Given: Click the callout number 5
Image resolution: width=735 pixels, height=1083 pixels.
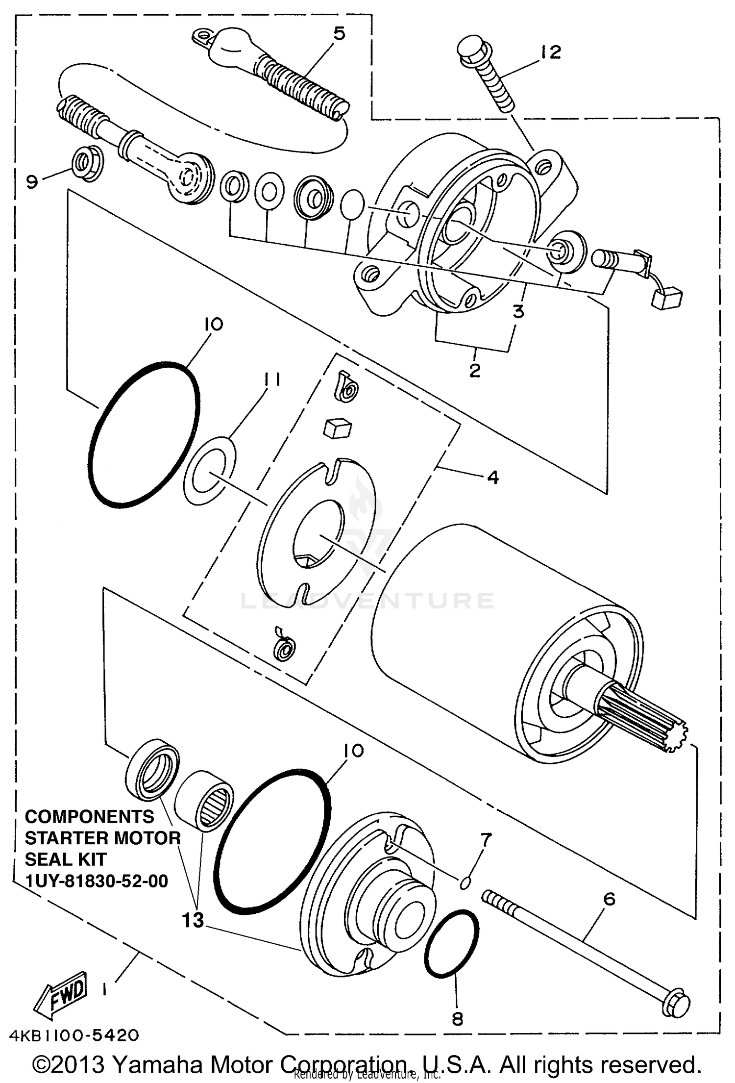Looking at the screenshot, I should [339, 33].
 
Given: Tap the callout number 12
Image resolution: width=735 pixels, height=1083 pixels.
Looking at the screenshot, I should [551, 52].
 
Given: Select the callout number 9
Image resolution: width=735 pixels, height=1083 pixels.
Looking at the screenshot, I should [31, 182].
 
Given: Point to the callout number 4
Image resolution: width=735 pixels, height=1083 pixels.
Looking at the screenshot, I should [493, 477].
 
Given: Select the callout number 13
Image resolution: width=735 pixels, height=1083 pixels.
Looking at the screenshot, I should [193, 920].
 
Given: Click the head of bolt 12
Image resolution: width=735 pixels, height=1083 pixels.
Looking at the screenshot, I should [472, 48].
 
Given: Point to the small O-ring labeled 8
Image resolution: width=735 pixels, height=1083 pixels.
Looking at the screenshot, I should [451, 943].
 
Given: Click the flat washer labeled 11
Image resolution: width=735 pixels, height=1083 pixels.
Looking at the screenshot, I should [210, 471].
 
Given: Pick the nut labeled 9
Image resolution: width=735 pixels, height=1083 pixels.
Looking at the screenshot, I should [88, 163].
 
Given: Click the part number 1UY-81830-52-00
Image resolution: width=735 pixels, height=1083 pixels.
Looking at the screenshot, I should [97, 881].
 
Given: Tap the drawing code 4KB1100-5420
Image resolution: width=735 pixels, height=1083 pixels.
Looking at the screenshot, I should [73, 1035].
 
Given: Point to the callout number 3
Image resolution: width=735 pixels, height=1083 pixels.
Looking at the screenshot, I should [518, 311].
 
